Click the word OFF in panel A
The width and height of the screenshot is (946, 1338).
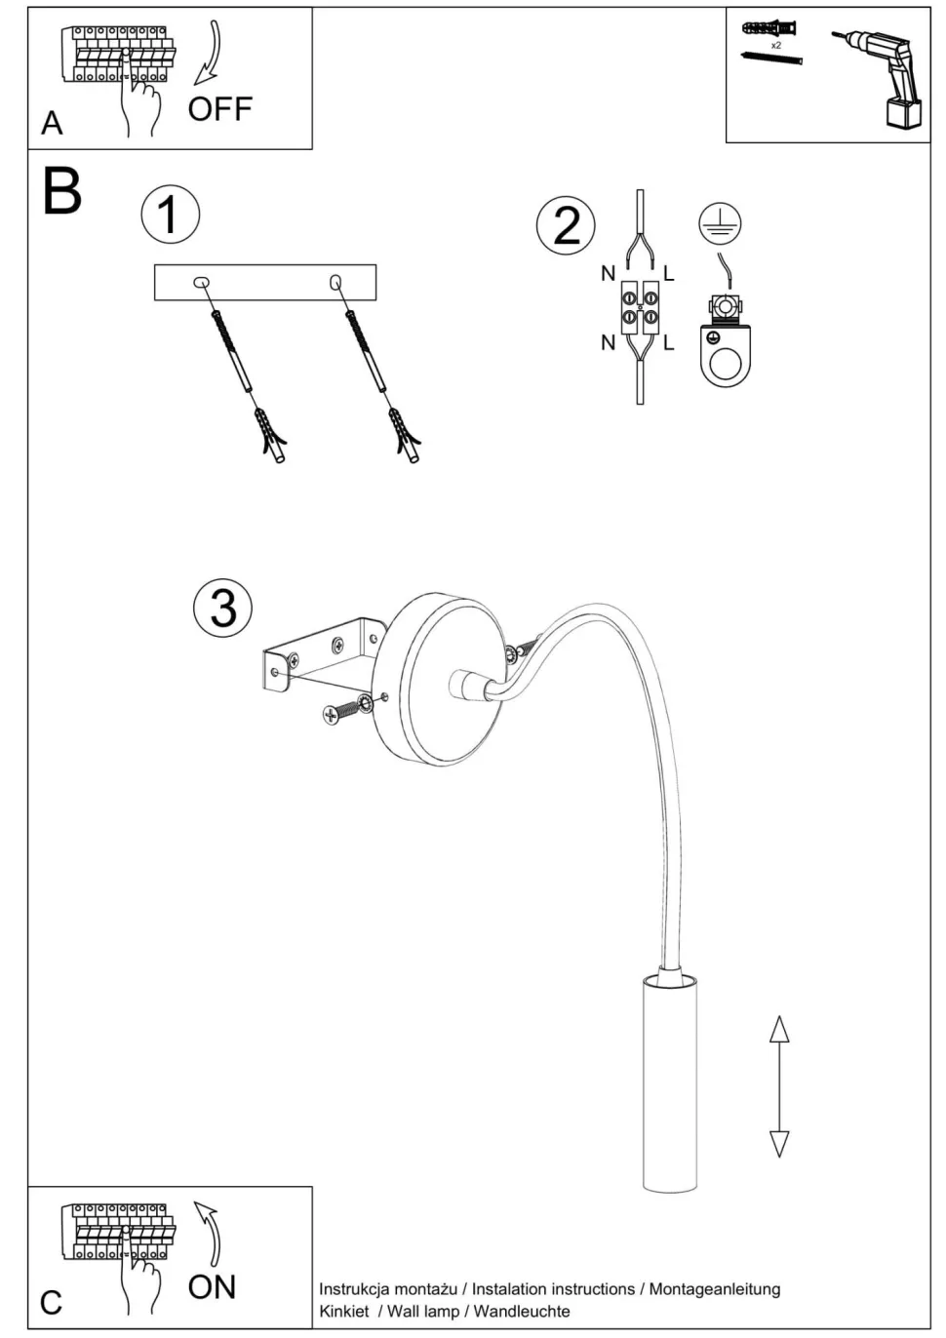click(219, 108)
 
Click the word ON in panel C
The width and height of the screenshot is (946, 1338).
click(212, 1286)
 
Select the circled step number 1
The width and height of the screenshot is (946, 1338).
click(170, 215)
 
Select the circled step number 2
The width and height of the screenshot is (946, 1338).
click(566, 225)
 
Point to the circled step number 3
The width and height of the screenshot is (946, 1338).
click(222, 607)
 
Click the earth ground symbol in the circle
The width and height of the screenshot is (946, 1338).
click(720, 224)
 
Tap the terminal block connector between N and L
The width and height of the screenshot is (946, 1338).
click(639, 307)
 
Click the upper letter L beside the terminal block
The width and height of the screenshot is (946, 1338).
click(669, 274)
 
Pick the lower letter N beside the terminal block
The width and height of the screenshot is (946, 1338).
click(608, 342)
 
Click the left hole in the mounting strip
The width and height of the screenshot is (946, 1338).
click(202, 283)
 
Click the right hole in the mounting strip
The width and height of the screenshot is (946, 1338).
click(336, 283)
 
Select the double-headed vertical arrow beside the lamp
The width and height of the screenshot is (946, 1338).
click(778, 1085)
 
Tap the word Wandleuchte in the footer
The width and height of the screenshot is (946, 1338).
click(522, 1311)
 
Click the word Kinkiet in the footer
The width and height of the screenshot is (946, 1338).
click(344, 1311)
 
